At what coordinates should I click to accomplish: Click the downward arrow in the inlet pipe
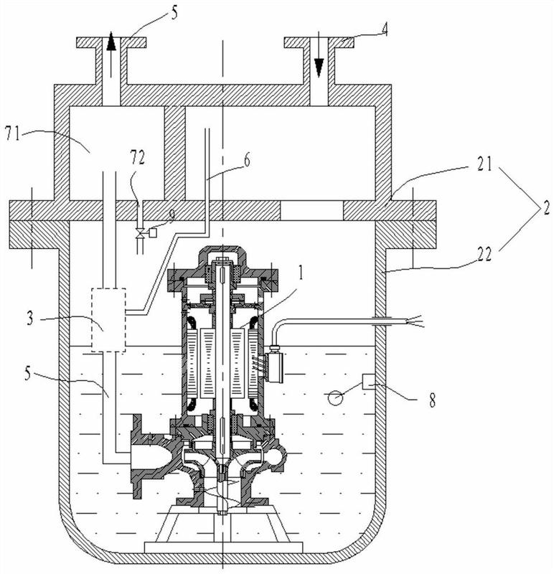click(x=319, y=55)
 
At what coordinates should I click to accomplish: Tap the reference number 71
click(x=12, y=133)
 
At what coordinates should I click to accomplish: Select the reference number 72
click(x=138, y=157)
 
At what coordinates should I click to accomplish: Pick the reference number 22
click(x=484, y=254)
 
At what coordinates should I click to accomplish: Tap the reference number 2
click(x=546, y=208)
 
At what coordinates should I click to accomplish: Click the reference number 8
click(x=433, y=400)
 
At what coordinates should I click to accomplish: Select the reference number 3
click(x=30, y=319)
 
